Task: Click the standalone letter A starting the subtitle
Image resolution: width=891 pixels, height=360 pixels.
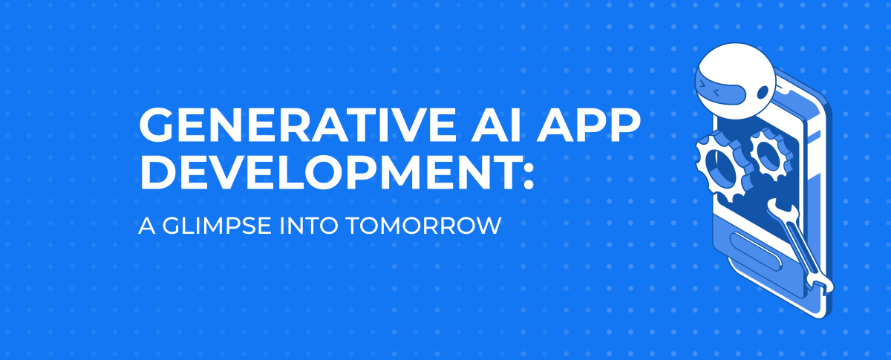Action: click(x=145, y=226)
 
